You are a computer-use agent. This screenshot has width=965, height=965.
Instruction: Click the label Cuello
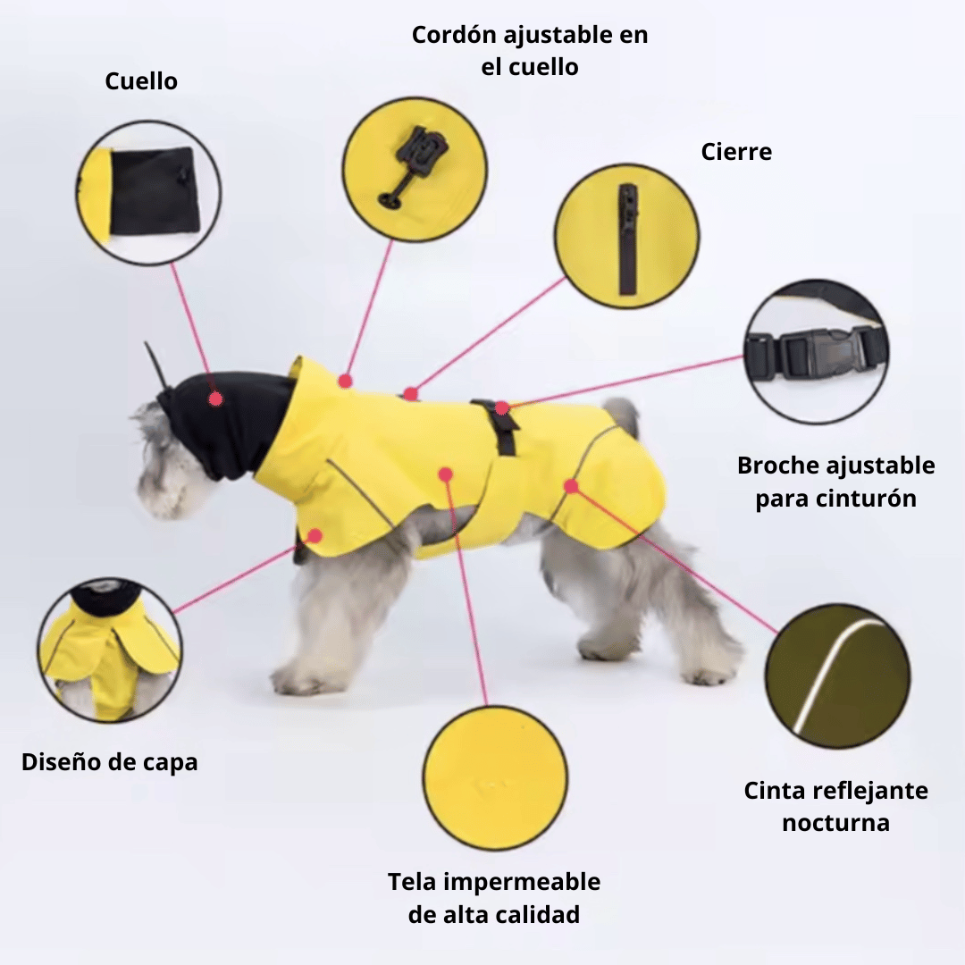tap(141, 81)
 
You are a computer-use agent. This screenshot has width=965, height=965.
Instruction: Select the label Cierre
tap(736, 152)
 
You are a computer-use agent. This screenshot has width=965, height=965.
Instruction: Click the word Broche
tap(777, 466)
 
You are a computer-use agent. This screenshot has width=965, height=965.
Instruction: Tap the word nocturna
tap(835, 823)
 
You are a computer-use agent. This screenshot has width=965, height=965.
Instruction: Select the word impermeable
tap(522, 883)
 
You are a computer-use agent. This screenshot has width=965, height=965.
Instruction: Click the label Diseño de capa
tap(110, 762)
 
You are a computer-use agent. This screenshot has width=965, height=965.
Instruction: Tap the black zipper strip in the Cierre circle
tap(627, 239)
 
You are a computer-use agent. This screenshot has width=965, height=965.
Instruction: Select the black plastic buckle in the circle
tap(816, 353)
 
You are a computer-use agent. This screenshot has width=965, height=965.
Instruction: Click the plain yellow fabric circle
tap(495, 778)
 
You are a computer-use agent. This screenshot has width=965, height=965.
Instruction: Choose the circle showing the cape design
tap(110, 650)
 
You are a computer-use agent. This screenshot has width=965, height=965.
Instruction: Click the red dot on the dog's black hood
tap(215, 399)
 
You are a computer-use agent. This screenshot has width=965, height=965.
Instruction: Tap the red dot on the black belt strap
tap(502, 407)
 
